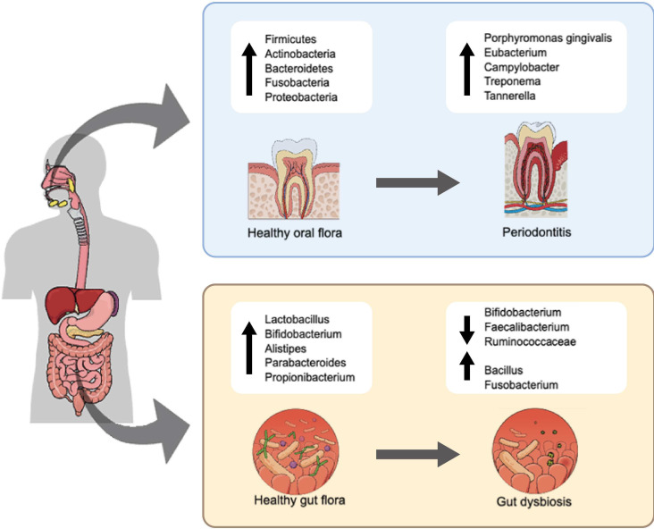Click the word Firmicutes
290,39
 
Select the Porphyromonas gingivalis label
548,38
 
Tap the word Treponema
512,81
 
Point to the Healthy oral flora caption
295,232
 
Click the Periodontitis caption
536,232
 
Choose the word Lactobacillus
297,320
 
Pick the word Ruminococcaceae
530,341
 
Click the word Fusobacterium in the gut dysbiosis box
521,384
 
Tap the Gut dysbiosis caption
534,501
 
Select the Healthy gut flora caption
299,500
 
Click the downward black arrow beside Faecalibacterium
466,330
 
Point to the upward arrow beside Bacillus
466,365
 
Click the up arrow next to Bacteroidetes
249,69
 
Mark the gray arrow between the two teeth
417,182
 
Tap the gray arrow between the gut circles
417,454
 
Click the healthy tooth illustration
294,180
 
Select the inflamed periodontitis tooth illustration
536,170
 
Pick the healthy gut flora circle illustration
296,452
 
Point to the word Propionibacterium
310,377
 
